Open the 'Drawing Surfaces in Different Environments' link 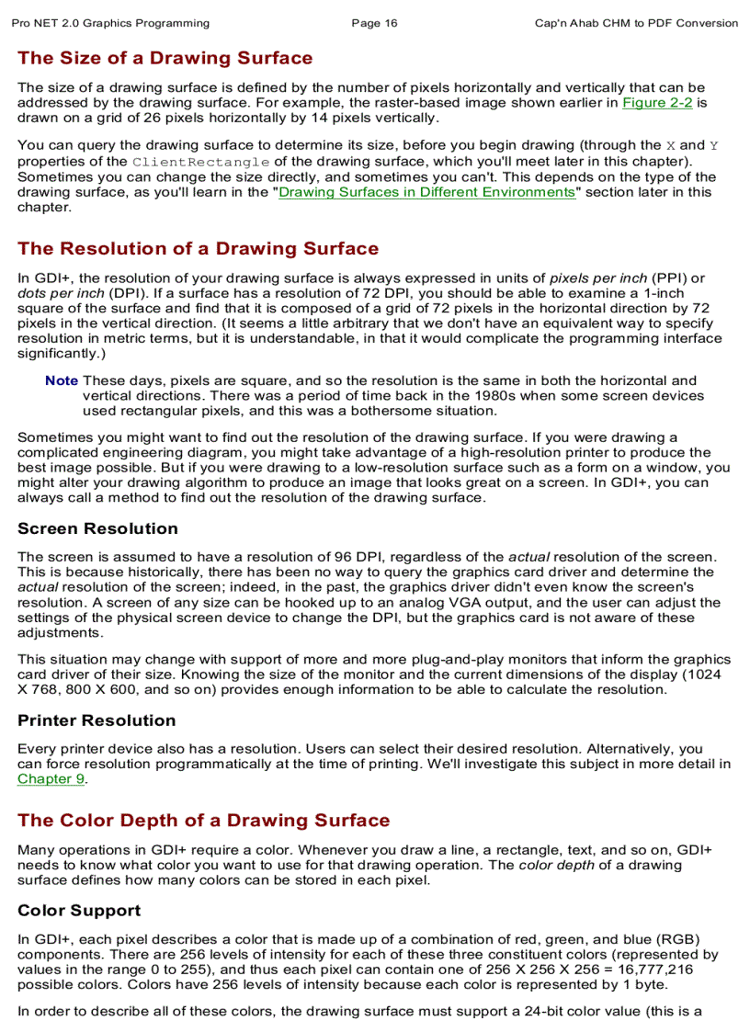point(426,192)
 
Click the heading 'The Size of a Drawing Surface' point(165,59)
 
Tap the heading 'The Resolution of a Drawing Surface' point(198,249)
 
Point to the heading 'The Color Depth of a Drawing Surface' point(204,821)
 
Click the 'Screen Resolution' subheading point(97,529)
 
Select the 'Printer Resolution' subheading point(97,720)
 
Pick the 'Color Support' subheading point(79,911)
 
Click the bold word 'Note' point(62,380)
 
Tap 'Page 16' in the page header point(375,23)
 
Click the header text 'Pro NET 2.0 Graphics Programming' point(110,23)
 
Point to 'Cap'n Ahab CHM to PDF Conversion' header point(636,23)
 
